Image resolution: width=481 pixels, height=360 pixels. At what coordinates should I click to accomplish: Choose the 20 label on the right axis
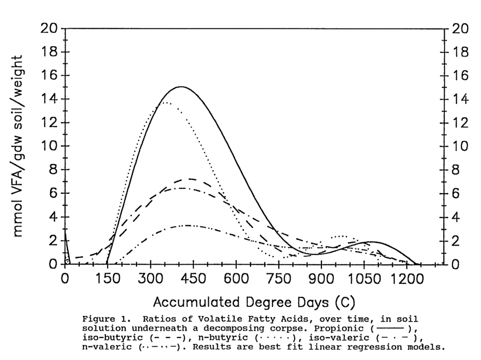pos(461,29)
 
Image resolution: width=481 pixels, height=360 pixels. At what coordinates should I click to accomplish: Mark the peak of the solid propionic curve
pos(181,87)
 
